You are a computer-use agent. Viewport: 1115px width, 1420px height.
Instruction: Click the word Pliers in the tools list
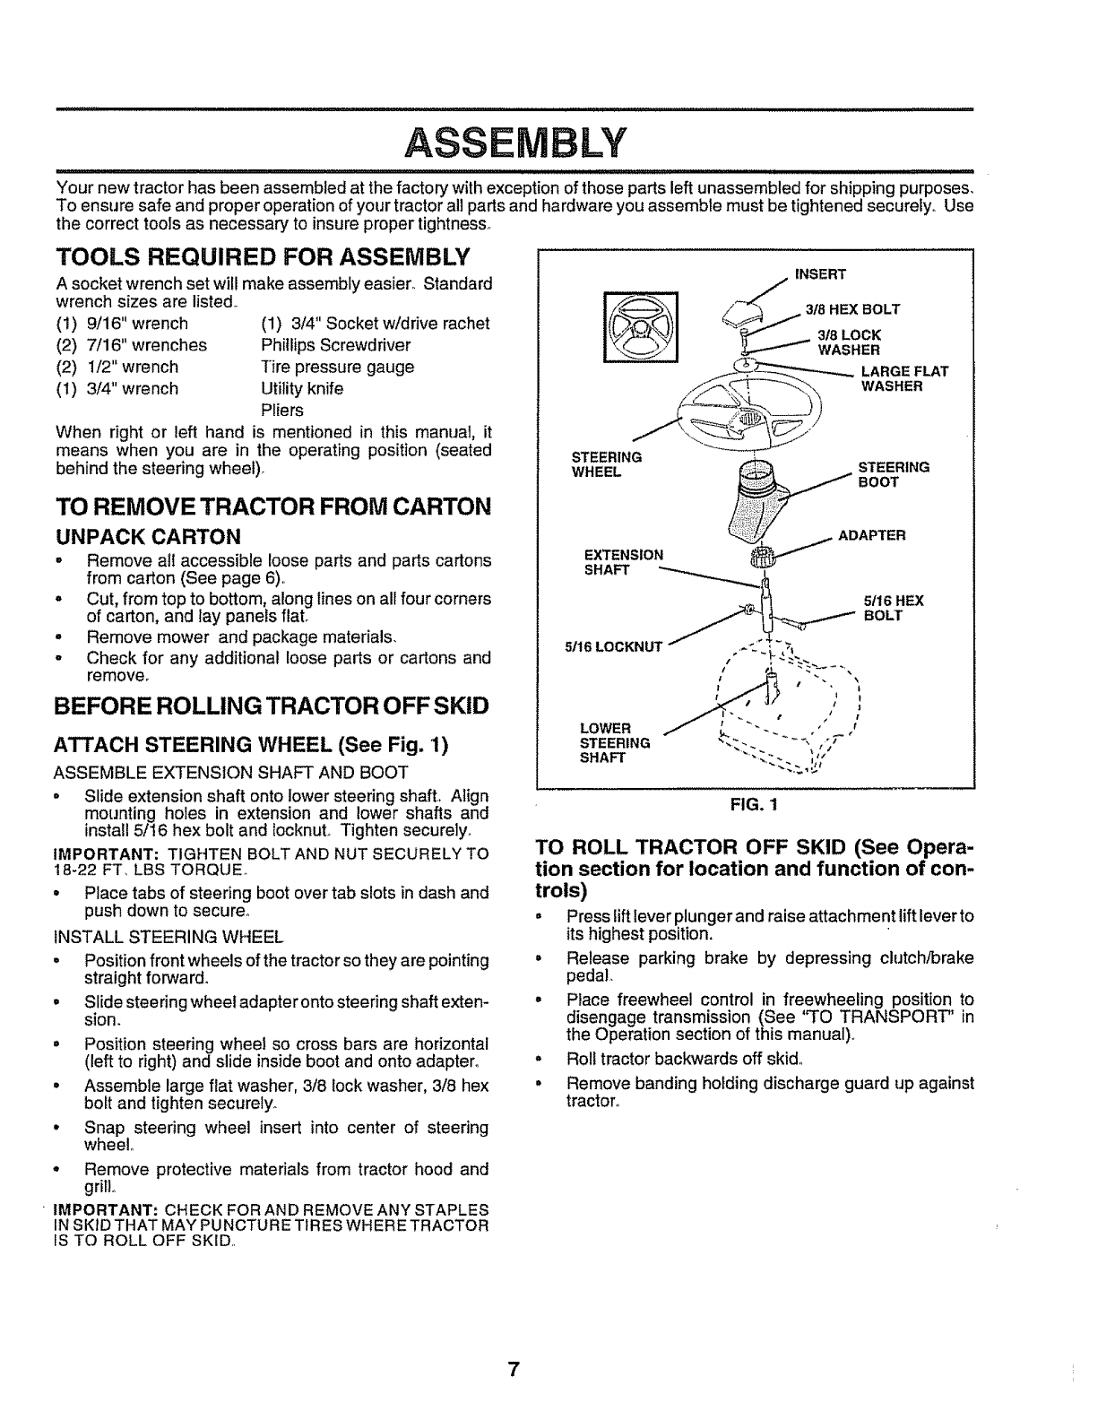281,410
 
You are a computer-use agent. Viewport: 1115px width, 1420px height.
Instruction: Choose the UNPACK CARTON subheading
148,536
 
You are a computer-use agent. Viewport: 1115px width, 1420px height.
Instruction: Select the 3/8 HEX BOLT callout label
851,310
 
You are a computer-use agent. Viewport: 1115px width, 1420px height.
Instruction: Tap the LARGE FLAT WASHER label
904,379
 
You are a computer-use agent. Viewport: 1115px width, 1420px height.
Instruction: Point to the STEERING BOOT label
894,474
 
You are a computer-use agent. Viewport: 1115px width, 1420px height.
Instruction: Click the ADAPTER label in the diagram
872,535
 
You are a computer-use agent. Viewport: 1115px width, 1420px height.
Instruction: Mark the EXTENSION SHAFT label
623,562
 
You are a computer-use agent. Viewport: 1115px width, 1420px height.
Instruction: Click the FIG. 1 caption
753,804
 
